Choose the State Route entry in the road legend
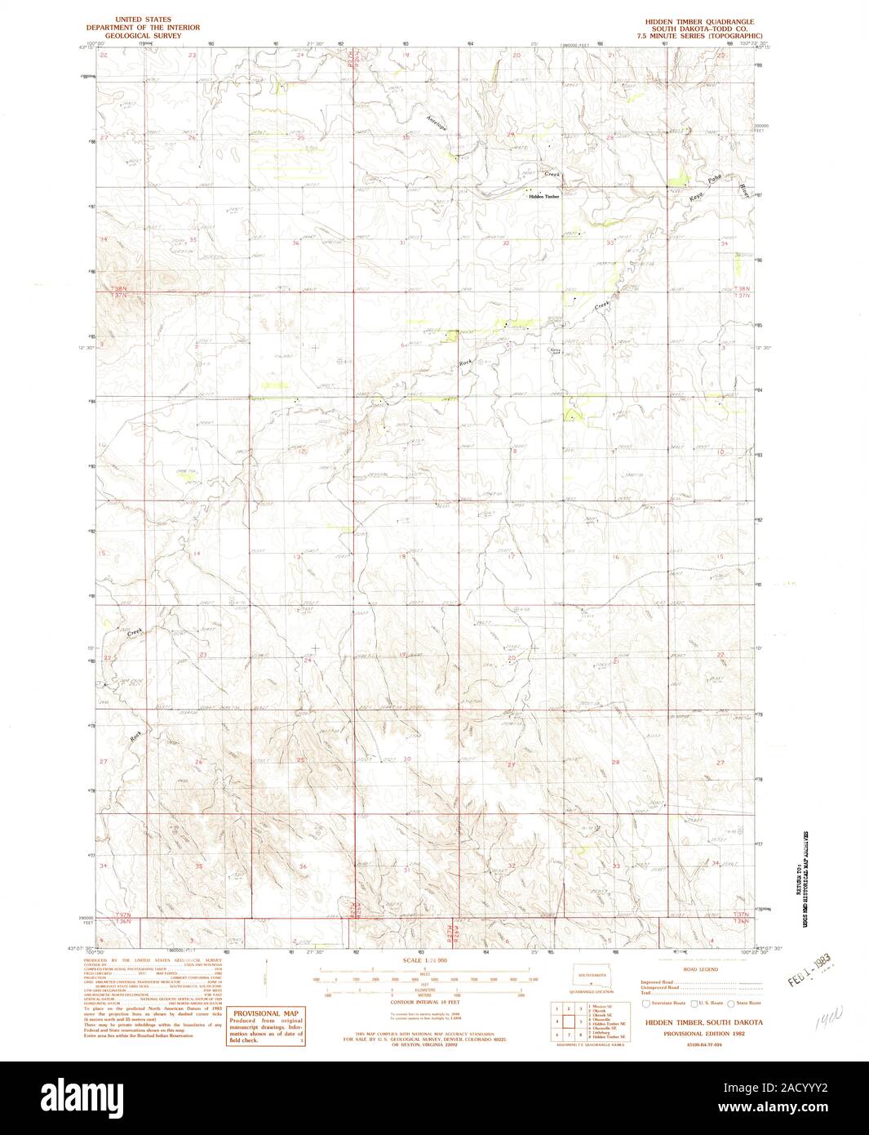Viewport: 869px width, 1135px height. coord(747,1002)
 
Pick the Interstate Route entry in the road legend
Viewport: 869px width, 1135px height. coord(665,1002)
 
